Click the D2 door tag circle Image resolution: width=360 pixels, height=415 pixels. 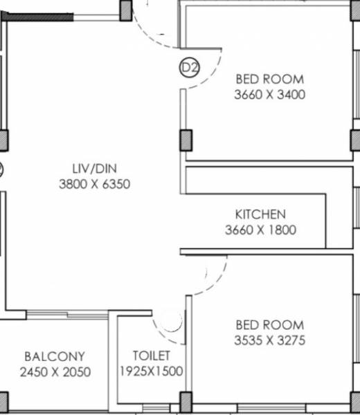[189, 68]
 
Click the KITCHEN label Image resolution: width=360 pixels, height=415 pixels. [260, 214]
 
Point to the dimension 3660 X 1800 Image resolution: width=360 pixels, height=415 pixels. [260, 230]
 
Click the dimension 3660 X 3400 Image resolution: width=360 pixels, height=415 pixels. [269, 95]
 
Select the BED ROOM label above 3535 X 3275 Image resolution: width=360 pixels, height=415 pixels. [269, 324]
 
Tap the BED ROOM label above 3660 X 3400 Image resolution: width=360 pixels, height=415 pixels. [269, 79]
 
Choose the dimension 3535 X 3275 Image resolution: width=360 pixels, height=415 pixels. [269, 340]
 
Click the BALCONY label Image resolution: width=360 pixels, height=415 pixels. [55, 357]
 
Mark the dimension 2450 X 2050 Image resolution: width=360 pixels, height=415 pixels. [55, 372]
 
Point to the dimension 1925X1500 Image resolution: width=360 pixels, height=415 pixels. [151, 371]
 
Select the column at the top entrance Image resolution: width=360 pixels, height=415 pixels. [125, 10]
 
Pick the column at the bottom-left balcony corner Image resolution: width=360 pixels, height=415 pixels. [3, 402]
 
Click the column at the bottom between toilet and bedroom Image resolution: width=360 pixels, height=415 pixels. [186, 401]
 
